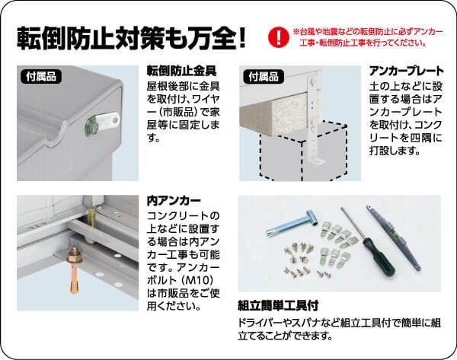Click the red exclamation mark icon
[x=277, y=37]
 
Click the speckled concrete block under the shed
[x=282, y=114]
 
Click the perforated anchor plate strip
[x=315, y=122]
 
